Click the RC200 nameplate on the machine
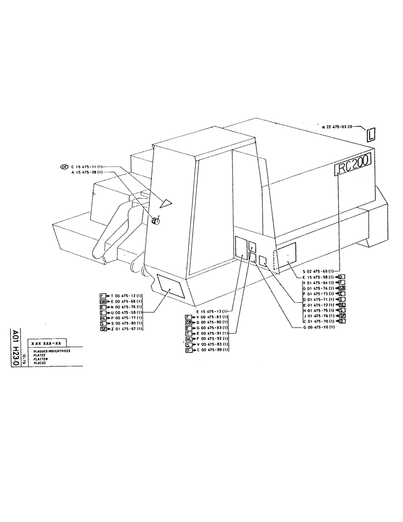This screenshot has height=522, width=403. tap(352, 168)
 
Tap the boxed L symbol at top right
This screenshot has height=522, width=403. tap(370, 135)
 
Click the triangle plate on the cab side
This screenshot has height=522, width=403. tap(167, 201)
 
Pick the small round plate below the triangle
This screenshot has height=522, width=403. tap(155, 221)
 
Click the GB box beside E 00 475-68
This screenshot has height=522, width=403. tap(103, 302)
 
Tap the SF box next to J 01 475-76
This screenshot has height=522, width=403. tap(342, 315)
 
